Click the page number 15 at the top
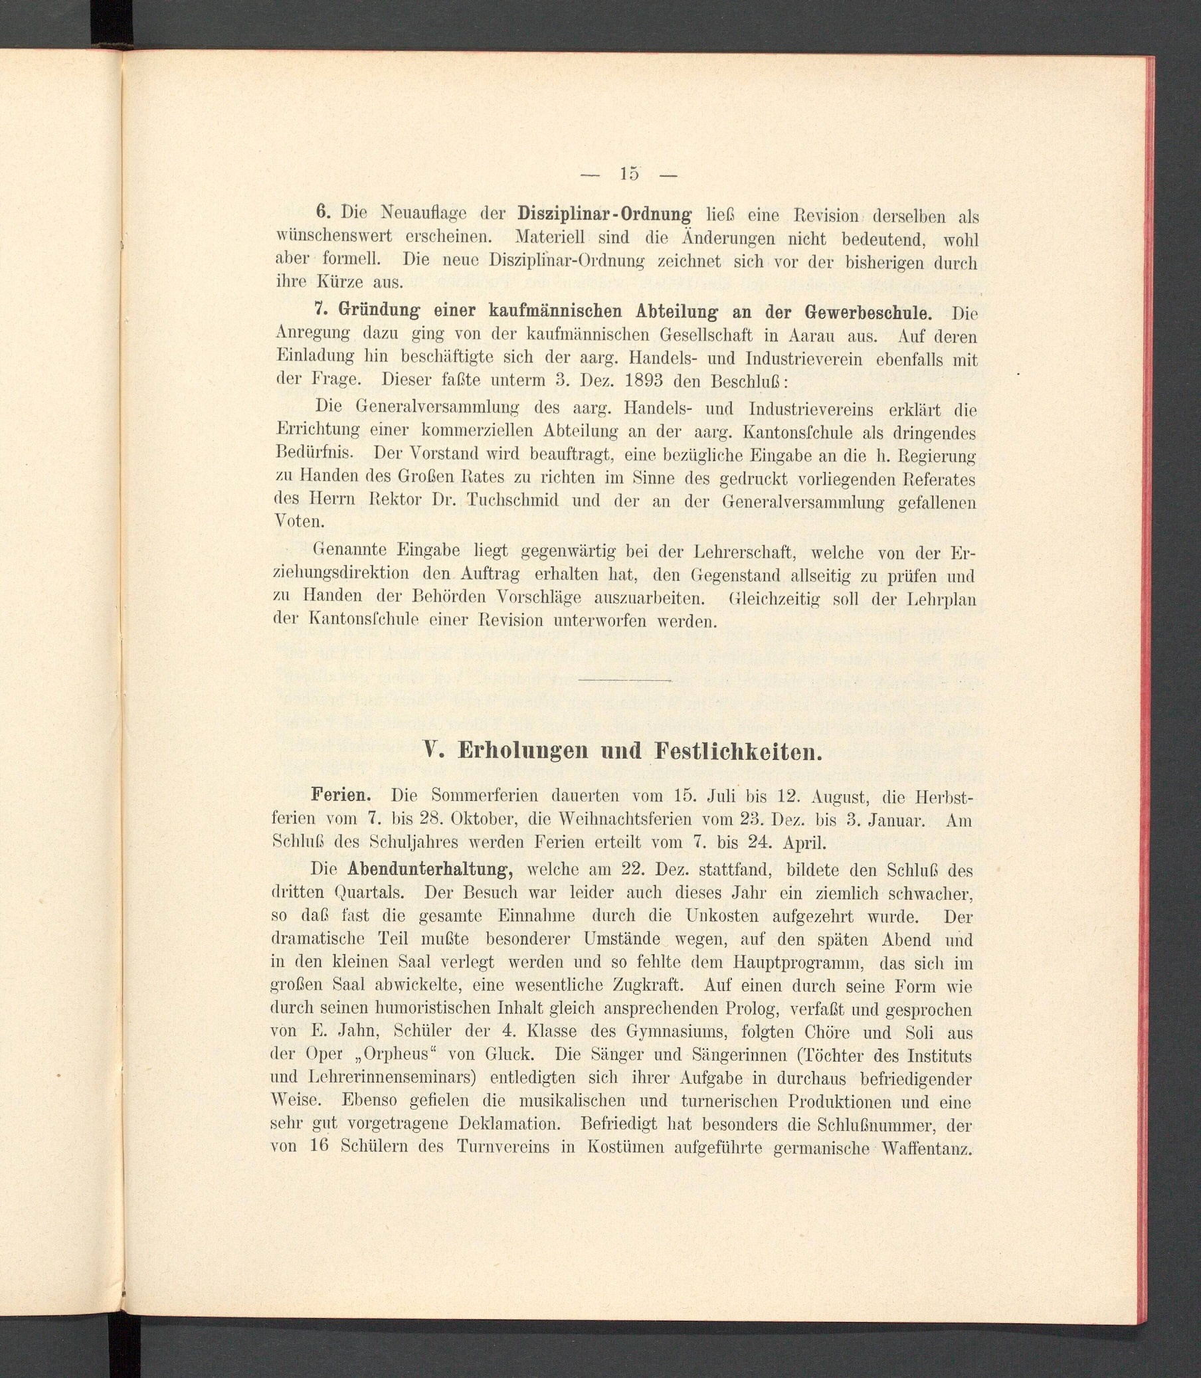(629, 173)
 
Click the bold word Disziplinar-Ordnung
(604, 216)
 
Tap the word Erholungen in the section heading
(523, 752)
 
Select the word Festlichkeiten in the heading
(737, 752)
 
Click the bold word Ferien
(341, 796)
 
